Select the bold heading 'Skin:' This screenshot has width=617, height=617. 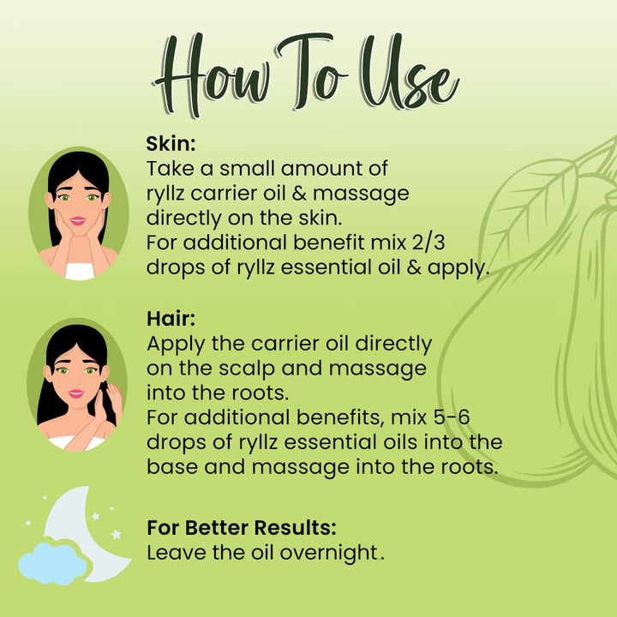(x=171, y=143)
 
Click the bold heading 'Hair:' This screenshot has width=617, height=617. (x=171, y=318)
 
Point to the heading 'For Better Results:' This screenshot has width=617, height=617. (x=242, y=527)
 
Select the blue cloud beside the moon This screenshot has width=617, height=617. (x=52, y=563)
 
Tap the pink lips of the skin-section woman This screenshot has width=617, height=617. (x=77, y=221)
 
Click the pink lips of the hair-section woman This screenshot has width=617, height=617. (x=76, y=393)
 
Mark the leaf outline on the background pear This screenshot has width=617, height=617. (x=527, y=208)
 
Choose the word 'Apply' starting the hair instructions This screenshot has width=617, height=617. (x=176, y=344)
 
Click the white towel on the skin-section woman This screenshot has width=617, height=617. (x=80, y=272)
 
